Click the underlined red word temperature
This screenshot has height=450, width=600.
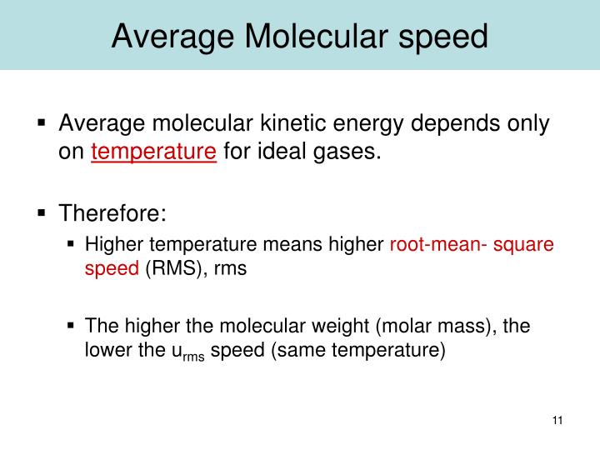(x=154, y=152)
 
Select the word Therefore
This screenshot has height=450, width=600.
(x=112, y=214)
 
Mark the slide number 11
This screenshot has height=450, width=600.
(x=557, y=419)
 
